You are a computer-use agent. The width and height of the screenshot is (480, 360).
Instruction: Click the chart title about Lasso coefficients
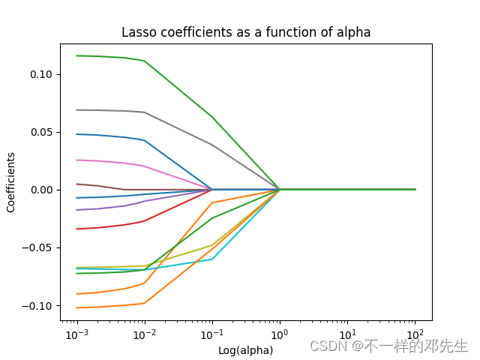[246, 32]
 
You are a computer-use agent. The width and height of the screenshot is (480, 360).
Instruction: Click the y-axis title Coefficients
[11, 182]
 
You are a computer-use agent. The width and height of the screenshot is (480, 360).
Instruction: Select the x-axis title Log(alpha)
[245, 350]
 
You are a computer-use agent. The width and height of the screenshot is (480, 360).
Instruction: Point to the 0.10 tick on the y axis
[41, 74]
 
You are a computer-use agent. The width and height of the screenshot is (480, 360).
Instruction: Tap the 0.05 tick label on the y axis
[41, 132]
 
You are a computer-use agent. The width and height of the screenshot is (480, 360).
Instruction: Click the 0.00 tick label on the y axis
[41, 190]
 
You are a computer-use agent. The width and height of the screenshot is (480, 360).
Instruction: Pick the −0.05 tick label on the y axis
[39, 247]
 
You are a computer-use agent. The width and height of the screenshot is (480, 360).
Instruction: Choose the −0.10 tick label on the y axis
[39, 306]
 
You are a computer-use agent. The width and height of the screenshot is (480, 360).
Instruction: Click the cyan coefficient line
[180, 264]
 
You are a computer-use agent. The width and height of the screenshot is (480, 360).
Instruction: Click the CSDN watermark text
[388, 346]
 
